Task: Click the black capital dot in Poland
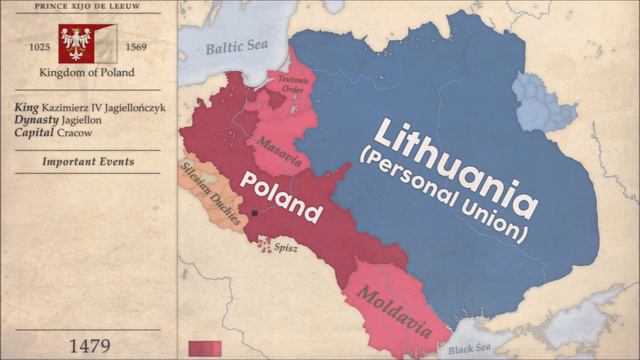pyautogui.click(x=256, y=213)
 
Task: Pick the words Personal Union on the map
pyautogui.click(x=446, y=194)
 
